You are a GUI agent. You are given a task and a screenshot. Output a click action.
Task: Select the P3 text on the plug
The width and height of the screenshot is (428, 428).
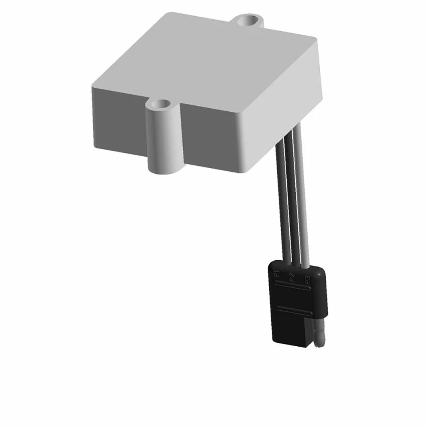tap(307, 280)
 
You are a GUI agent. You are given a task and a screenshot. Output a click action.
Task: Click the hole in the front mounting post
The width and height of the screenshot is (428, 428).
tap(160, 104)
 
